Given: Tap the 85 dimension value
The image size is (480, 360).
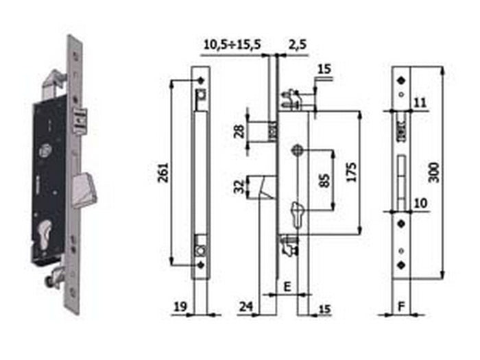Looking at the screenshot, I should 324,180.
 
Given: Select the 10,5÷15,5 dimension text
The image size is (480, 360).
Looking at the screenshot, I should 232,45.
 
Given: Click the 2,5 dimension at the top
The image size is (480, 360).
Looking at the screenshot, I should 297,45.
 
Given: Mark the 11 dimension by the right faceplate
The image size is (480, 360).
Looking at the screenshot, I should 420,102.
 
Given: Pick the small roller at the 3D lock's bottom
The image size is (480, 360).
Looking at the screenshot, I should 53,280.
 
